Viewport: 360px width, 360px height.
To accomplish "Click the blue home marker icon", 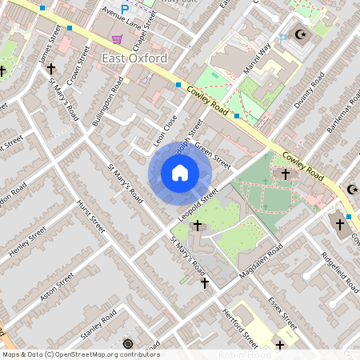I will (180, 173).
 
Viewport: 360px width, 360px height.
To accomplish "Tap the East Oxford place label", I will (135, 58).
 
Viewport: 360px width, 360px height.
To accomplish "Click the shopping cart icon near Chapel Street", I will (118, 38).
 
